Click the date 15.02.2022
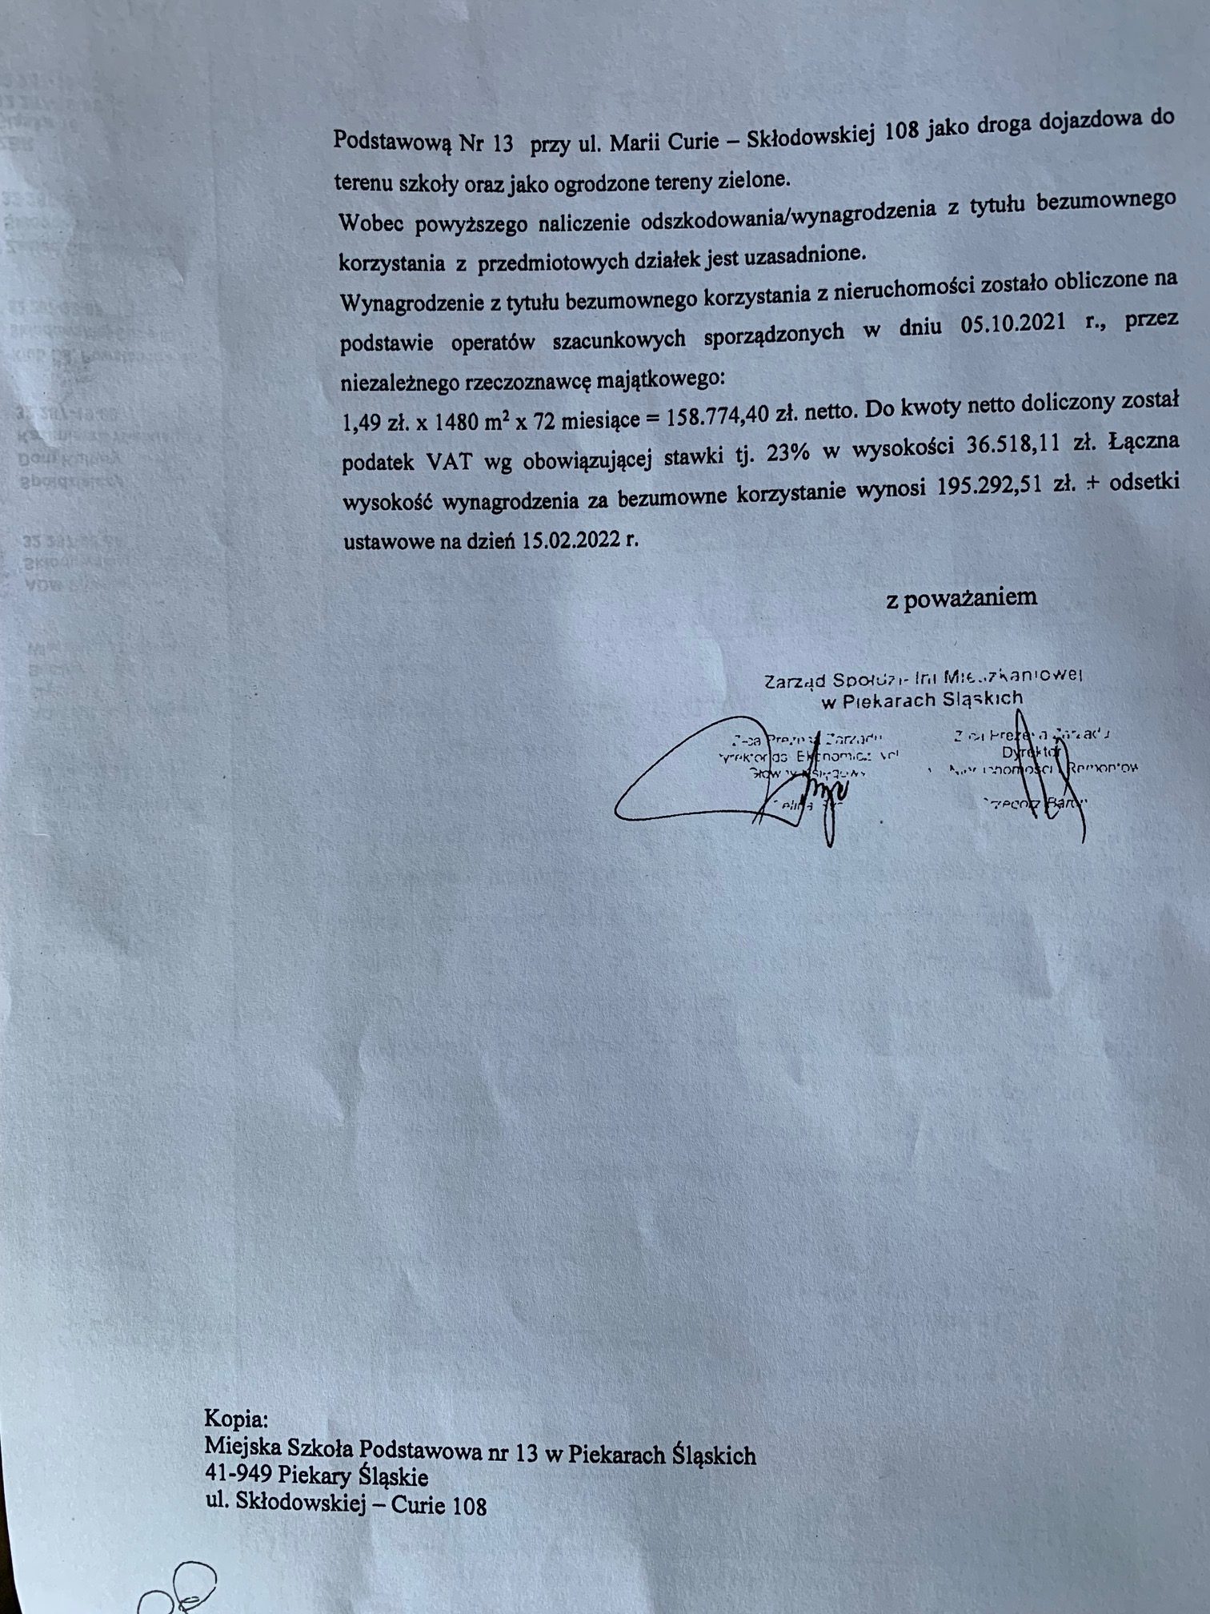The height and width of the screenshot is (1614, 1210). point(575,539)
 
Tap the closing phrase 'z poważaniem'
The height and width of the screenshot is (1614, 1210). point(961,598)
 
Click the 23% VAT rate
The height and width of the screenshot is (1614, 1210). point(789,453)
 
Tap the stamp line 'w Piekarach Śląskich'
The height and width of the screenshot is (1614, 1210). point(923,700)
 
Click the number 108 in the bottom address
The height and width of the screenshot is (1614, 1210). point(469,1506)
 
